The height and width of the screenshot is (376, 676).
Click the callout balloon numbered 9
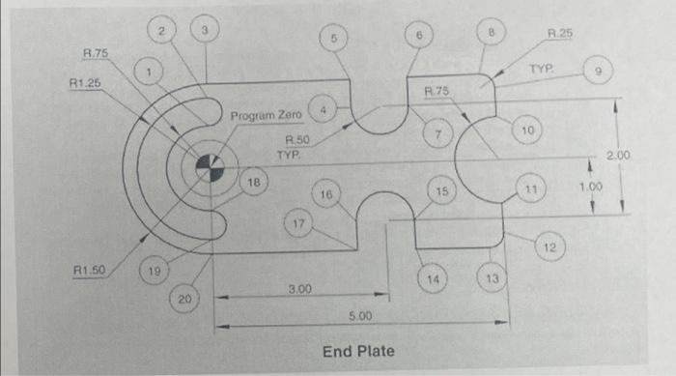coord(599,72)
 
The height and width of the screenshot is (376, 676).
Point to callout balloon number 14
coord(434,278)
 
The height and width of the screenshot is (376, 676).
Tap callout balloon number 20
coord(183,301)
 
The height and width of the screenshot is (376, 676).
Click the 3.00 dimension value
coord(300,288)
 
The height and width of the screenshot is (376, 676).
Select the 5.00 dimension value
coord(359,316)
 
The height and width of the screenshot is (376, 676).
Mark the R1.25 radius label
coord(85,86)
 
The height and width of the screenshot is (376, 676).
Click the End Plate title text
coord(358,350)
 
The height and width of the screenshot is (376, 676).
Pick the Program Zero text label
coord(266,115)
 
